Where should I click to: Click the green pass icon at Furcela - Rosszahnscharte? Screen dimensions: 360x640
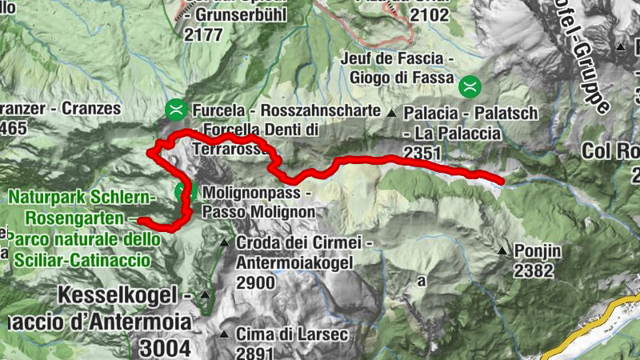pos(175,108)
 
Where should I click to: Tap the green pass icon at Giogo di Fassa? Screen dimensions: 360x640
pos(470,82)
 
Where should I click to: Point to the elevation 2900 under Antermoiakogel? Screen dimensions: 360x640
pos(256,282)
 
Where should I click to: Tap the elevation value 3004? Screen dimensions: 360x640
pos(165,348)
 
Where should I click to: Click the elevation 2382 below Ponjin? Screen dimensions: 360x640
pos(534,271)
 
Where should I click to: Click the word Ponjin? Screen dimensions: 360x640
pos(538,251)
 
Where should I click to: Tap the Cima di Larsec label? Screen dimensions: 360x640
pos(292,334)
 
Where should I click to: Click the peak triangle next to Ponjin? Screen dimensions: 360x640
pos(502,251)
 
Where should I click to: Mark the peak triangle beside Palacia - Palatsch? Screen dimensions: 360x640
pos(392,113)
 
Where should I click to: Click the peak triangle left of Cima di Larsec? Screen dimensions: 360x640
pos(225,334)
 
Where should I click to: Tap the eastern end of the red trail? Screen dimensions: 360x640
pos(502,182)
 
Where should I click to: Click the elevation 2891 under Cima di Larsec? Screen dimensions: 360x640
pos(256,352)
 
